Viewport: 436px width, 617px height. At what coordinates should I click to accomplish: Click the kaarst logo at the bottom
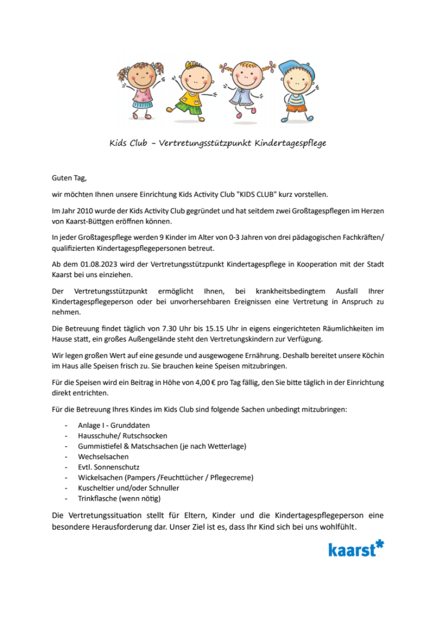click(x=355, y=548)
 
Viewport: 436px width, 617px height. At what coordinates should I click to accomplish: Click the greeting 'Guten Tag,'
click(x=70, y=178)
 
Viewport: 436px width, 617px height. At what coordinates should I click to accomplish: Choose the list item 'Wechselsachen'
click(x=103, y=457)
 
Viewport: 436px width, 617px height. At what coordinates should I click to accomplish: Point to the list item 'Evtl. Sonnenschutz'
click(x=108, y=467)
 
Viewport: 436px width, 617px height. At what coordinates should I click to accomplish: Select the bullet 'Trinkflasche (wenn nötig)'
click(x=119, y=498)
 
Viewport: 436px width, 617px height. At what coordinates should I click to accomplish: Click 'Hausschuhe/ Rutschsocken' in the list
click(x=122, y=435)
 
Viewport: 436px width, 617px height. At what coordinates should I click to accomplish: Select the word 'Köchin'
click(x=369, y=355)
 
